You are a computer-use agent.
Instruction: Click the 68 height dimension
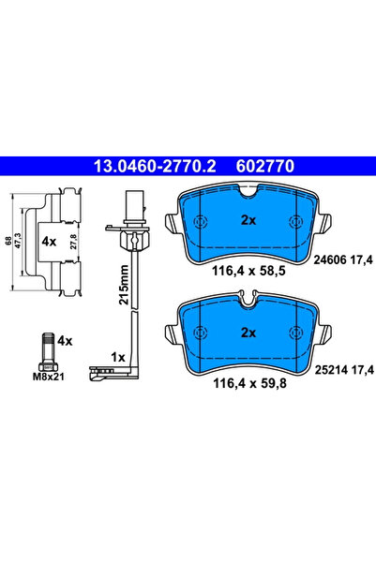coord(9,241)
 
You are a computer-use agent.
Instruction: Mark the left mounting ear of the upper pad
coord(172,226)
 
